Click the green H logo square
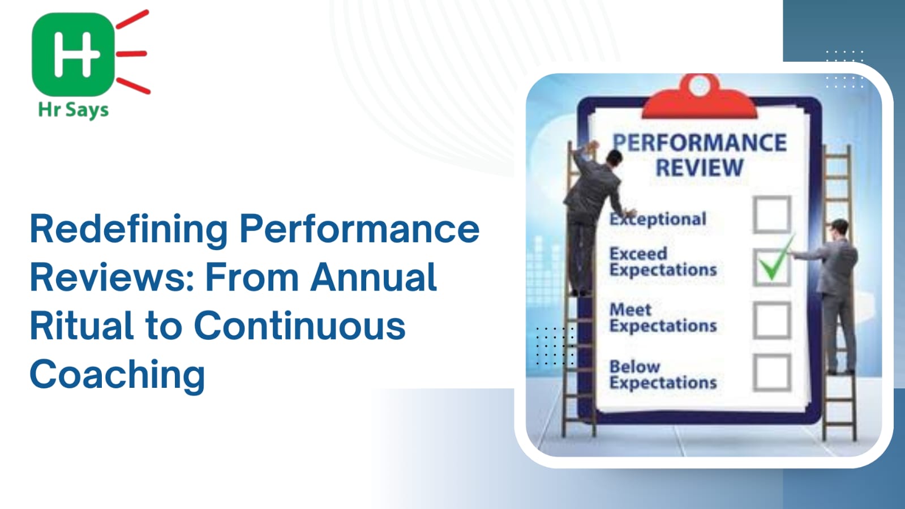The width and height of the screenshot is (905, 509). [73, 54]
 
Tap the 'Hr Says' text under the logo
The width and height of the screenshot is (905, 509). [73, 110]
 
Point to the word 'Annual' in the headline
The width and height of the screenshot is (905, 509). [374, 277]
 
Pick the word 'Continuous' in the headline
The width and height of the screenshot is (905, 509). [300, 326]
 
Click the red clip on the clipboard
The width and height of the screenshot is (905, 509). [700, 97]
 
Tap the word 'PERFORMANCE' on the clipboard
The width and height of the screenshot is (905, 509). [700, 143]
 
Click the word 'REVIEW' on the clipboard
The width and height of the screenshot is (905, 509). [700, 168]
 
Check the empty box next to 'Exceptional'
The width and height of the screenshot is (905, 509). [771, 215]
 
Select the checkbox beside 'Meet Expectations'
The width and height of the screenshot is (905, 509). [771, 320]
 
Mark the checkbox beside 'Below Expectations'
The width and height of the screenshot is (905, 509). [771, 373]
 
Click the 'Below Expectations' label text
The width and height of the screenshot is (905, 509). [663, 374]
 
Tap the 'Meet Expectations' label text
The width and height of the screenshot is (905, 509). [663, 318]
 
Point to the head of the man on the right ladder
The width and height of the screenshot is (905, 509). [840, 228]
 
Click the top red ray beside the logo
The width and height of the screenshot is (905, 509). [132, 19]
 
